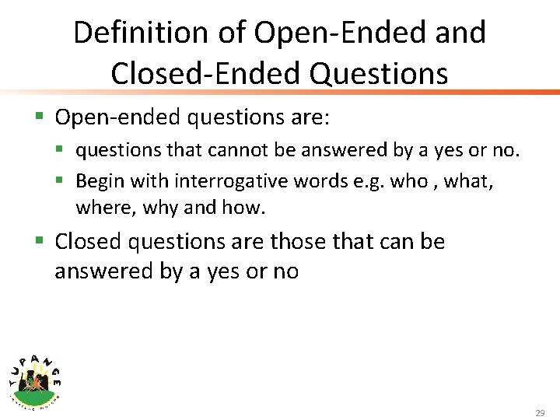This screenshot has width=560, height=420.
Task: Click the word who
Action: pyautogui.click(x=408, y=181)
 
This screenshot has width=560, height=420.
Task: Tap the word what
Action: pyautogui.click(x=472, y=181)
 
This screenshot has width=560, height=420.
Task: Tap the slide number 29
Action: pyautogui.click(x=540, y=412)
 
